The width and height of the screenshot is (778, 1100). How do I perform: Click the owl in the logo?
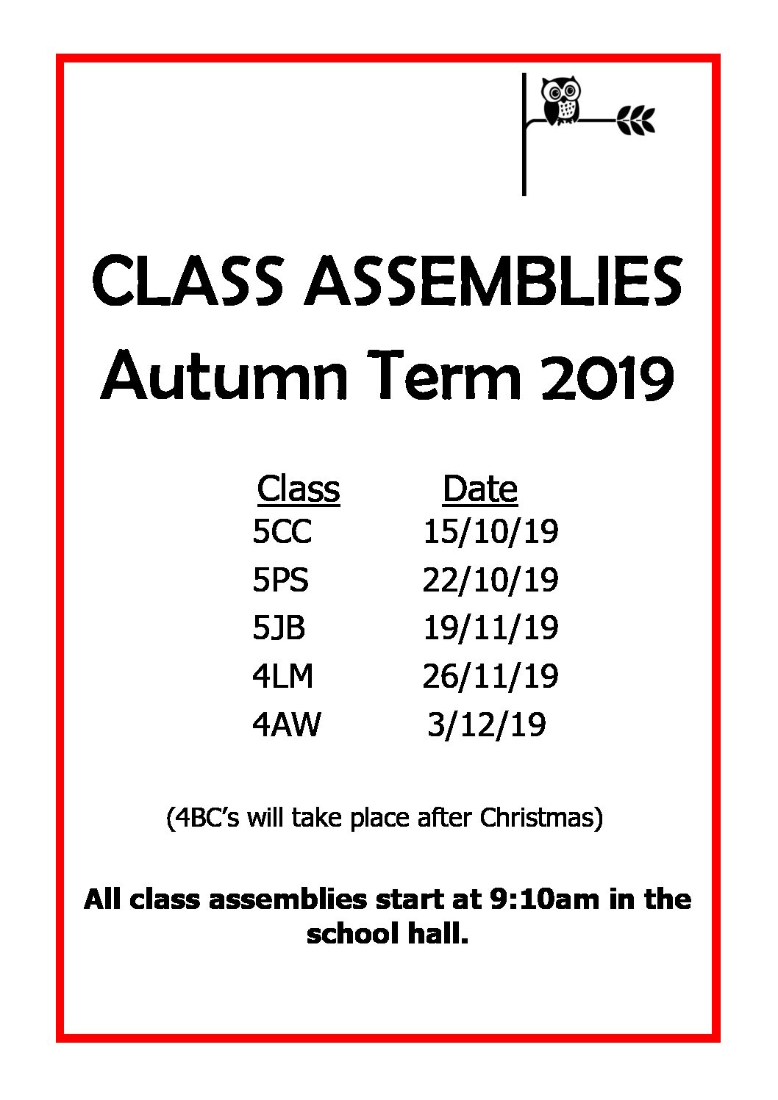560,101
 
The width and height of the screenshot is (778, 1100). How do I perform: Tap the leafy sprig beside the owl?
636,120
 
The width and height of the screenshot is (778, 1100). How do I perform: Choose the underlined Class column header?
299,489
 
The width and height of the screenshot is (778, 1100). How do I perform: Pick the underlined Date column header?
480,489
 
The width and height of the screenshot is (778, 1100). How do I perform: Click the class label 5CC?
282,531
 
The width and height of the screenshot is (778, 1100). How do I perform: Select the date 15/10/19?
490,532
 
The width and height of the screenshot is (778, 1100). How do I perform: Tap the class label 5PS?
281,580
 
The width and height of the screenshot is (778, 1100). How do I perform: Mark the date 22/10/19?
490,580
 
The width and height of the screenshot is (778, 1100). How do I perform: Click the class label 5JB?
279,628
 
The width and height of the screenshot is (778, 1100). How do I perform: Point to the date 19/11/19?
490,628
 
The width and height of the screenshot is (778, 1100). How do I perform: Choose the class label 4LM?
282,676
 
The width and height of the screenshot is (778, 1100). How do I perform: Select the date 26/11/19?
490,676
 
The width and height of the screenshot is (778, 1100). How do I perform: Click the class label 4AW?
286,724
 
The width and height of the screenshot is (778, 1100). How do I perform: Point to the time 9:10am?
544,899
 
